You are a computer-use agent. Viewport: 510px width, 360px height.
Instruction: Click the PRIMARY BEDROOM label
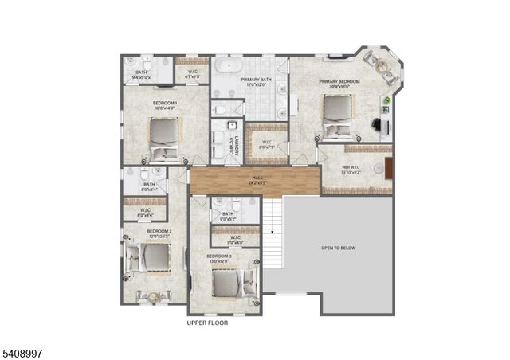coord(339,81)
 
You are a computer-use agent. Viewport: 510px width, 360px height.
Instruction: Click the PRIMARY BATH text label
coord(256,80)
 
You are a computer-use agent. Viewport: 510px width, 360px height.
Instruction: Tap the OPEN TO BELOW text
coord(338,248)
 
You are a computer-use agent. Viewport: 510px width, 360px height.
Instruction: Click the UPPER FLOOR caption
coord(208,323)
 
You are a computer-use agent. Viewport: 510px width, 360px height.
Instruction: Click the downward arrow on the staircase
coord(272,229)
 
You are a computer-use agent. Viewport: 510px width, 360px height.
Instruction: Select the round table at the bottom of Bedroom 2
coord(148,295)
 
